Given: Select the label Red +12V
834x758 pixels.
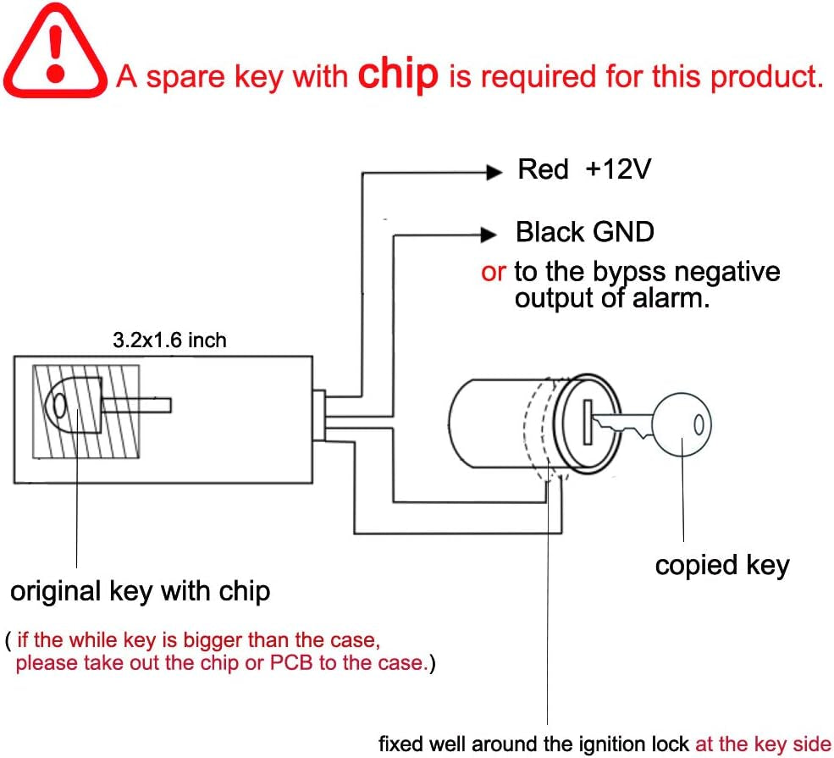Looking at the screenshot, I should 583,169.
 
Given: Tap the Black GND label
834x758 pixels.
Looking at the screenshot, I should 585,231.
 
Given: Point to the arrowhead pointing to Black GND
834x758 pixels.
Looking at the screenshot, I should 488,234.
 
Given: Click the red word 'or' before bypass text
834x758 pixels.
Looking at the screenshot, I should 493,272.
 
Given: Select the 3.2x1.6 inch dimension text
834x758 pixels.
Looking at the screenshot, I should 169,340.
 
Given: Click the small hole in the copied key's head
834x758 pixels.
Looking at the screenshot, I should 698,423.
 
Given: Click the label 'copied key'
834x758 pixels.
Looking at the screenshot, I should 721,565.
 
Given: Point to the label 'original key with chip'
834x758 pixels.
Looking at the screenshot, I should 140,590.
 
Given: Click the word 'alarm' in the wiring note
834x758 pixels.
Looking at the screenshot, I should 670,297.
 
